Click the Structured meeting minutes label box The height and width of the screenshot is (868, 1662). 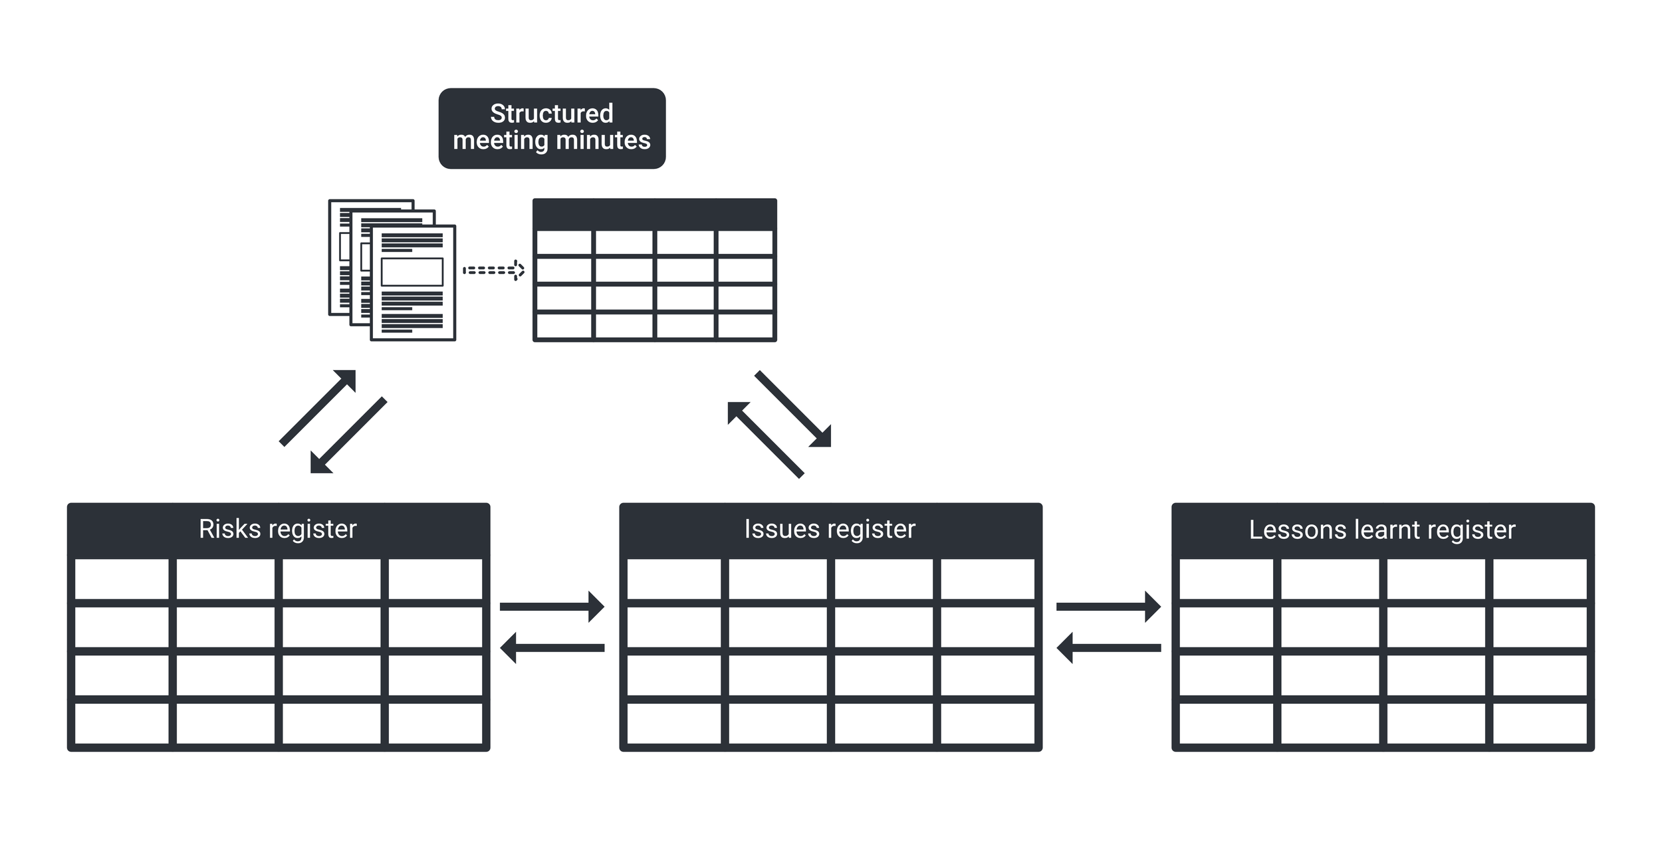(x=552, y=128)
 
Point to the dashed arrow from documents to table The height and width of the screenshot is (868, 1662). (x=493, y=271)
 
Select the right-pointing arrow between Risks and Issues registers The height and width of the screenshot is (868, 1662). (x=551, y=606)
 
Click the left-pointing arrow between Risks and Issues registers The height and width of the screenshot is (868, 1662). (x=551, y=647)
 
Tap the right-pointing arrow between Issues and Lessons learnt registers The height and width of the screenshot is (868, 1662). (x=1108, y=606)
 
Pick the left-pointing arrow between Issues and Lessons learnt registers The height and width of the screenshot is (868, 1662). (x=1108, y=647)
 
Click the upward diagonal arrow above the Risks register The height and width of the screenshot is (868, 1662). (x=318, y=407)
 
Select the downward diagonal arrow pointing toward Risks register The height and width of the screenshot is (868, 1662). (x=348, y=435)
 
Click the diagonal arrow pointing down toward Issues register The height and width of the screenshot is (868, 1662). (x=793, y=409)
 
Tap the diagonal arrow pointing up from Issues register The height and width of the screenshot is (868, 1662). (x=765, y=439)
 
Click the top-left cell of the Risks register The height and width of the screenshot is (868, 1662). (x=122, y=579)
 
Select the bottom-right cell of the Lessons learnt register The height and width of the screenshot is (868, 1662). (x=1540, y=724)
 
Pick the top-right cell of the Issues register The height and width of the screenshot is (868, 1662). (x=987, y=579)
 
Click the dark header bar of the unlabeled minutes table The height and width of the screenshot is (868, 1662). (x=654, y=215)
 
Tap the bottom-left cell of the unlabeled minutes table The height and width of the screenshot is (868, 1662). (x=564, y=326)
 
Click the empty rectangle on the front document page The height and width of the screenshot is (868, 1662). (x=412, y=272)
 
